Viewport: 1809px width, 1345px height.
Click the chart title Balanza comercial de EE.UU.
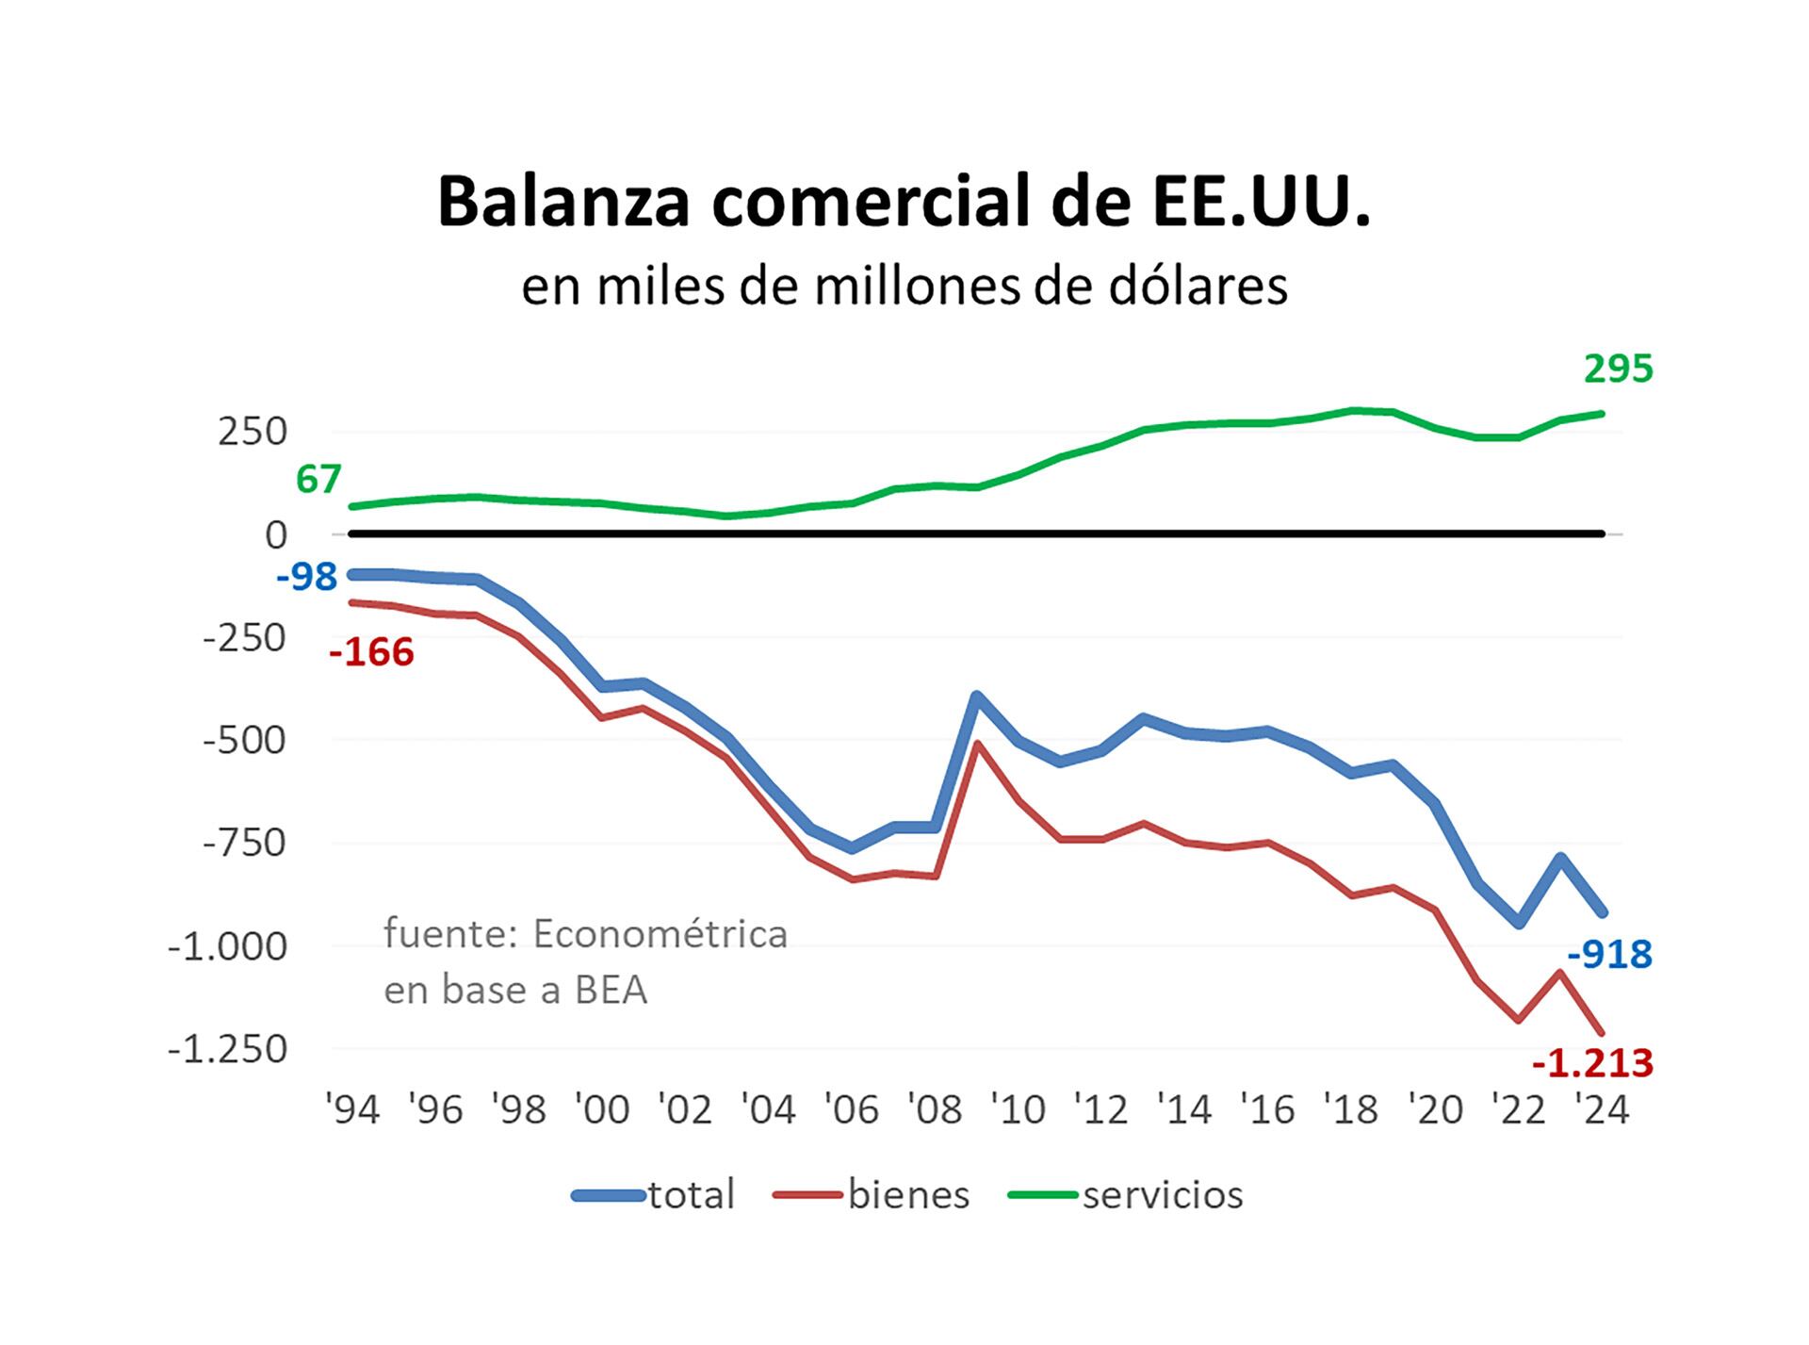pos(904,201)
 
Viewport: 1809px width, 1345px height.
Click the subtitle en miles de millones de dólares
pos(904,286)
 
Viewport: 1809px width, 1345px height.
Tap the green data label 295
pos(1618,369)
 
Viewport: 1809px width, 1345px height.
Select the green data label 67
pos(318,480)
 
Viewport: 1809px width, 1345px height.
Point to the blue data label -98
pos(306,576)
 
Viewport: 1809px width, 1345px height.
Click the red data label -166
pos(371,652)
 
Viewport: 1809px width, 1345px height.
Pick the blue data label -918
pos(1609,955)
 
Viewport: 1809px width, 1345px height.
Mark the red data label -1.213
pos(1592,1063)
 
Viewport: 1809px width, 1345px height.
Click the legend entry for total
pos(691,1195)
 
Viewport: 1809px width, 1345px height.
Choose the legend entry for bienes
pos(908,1195)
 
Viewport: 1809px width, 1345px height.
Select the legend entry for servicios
pos(1163,1195)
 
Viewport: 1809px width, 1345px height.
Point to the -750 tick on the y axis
pos(244,844)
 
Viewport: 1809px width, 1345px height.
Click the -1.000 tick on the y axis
pos(227,946)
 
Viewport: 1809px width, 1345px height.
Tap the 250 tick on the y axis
pos(252,433)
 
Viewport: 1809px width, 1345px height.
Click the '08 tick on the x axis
pos(936,1110)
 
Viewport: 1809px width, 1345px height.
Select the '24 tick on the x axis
pos(1603,1110)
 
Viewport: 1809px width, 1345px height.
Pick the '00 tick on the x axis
pos(602,1110)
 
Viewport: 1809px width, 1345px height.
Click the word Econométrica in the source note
pos(660,934)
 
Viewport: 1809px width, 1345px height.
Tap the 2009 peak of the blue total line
pos(978,697)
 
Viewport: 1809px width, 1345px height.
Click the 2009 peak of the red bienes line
pos(978,744)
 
